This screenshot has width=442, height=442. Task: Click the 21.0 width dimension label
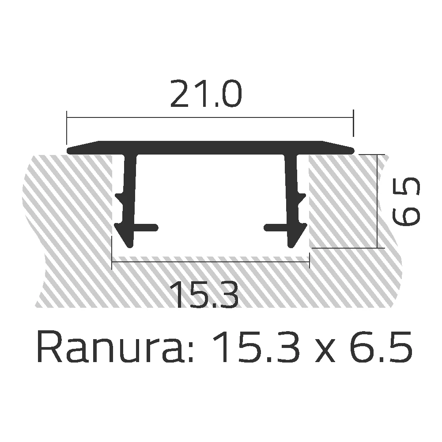click(206, 94)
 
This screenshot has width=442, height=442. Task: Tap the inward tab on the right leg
click(274, 227)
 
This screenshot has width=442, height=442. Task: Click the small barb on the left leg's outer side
click(121, 196)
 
